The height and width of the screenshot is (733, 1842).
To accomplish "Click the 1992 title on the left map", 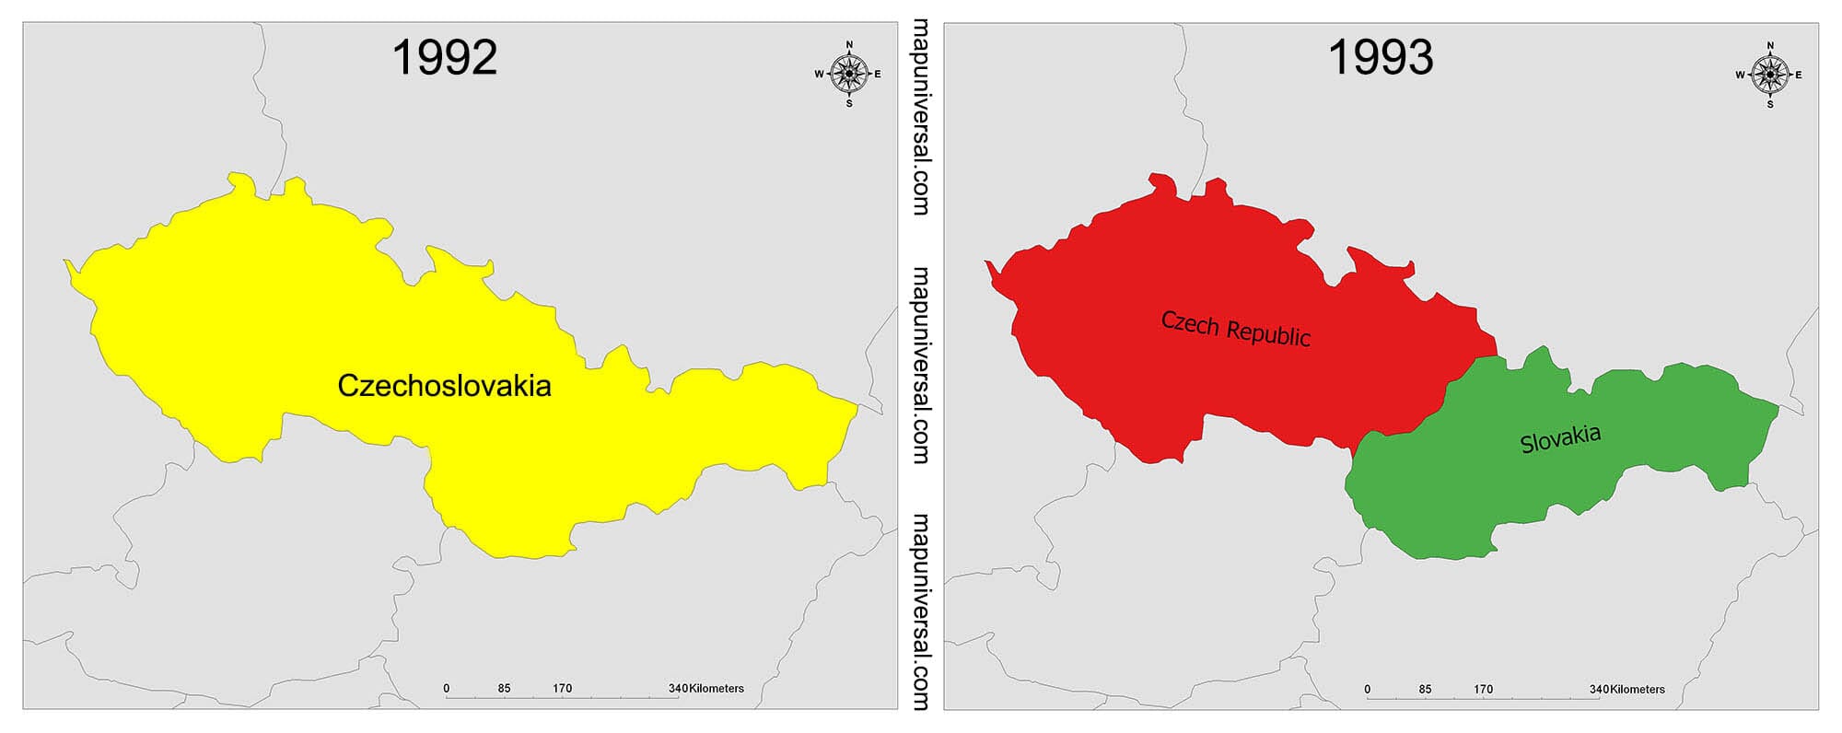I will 444,57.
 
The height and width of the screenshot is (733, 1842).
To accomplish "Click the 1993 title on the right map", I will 1380,57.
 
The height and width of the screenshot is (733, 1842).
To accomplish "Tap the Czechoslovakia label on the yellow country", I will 444,385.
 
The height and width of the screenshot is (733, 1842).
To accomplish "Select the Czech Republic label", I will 1235,328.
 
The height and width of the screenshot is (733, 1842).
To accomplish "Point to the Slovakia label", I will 1560,438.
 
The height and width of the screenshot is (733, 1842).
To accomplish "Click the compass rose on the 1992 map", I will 848,74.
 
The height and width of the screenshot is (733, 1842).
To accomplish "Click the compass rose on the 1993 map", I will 1769,74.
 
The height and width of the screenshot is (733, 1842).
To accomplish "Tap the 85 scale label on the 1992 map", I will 504,689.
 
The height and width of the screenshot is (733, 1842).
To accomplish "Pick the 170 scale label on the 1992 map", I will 562,689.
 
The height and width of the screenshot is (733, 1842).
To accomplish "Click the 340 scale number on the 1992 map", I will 678,689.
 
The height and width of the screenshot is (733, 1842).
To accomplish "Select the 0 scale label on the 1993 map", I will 1368,689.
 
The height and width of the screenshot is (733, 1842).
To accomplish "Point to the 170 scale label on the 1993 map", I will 1483,689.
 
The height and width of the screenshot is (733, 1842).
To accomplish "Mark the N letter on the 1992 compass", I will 849,44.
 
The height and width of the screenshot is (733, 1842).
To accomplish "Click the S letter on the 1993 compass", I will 1769,104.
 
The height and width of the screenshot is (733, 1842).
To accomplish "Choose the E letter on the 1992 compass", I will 878,75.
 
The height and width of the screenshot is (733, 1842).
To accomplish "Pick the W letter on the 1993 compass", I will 1740,75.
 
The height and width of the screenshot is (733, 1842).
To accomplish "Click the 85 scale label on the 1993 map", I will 1425,689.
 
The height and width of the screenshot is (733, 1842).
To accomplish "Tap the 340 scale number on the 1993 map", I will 1599,689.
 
